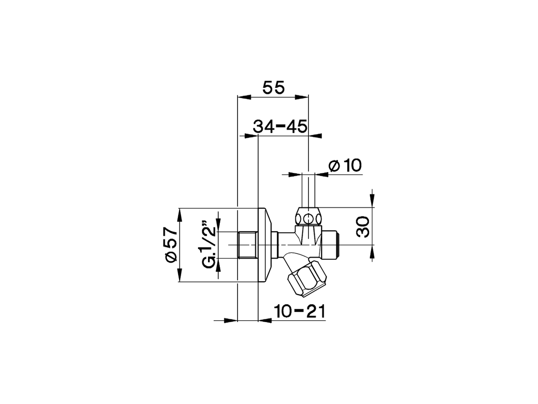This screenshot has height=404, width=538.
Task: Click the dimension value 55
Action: pyautogui.click(x=274, y=88)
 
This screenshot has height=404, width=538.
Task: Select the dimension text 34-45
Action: pyautogui.click(x=280, y=126)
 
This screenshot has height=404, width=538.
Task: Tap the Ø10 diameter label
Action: pyautogui.click(x=345, y=165)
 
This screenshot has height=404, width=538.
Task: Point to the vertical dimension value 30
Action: pyautogui.click(x=364, y=226)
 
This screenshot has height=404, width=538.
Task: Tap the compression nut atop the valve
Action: pyautogui.click(x=309, y=216)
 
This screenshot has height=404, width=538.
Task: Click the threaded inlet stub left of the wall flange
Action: pyautogui.click(x=247, y=245)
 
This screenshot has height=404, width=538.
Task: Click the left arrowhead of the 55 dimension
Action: pyautogui.click(x=244, y=98)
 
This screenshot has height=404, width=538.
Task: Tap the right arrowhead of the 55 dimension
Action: pyautogui.click(x=302, y=98)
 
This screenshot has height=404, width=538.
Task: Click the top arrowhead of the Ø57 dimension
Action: pyautogui.click(x=179, y=215)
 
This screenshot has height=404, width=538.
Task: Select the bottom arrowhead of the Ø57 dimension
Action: pyautogui.click(x=179, y=276)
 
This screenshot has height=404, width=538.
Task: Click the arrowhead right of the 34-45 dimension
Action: pyautogui.click(x=316, y=136)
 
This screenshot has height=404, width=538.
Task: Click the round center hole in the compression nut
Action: pyautogui.click(x=309, y=219)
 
